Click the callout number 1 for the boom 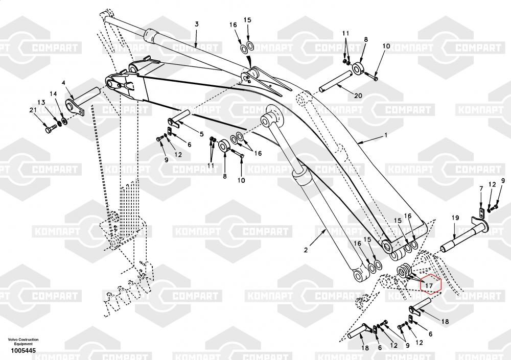click(386, 135)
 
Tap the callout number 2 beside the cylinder click(306, 250)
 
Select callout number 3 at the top click(197, 24)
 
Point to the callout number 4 click(63, 82)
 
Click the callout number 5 click(201, 134)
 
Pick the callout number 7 click(480, 189)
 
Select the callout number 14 click(53, 93)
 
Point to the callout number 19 click(454, 218)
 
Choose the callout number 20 click(358, 96)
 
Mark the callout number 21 click(33, 111)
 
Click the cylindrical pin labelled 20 click(335, 81)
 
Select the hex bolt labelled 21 click(50, 130)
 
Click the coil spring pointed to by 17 click(405, 271)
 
